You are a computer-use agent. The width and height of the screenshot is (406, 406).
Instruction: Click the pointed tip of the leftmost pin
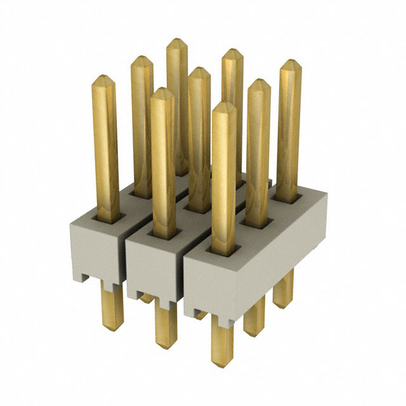point(104,79)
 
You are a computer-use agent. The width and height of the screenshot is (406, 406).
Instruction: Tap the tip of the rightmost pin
point(291,63)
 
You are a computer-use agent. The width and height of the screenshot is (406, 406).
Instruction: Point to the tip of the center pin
point(199,70)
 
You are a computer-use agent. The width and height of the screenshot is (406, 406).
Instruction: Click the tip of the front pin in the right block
point(224,105)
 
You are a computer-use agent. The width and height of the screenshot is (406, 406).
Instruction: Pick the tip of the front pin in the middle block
point(163,91)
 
